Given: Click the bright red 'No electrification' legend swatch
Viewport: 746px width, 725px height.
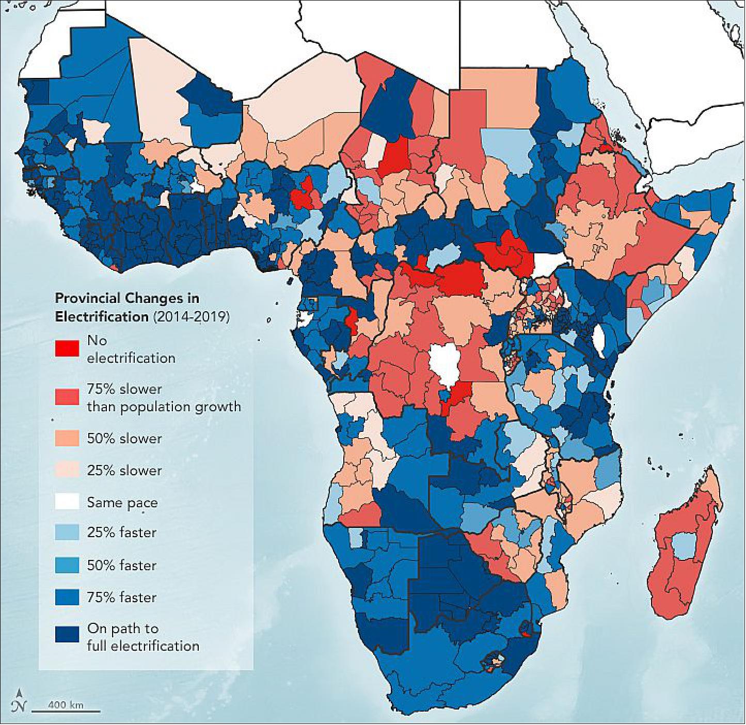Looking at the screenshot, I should coord(67,348).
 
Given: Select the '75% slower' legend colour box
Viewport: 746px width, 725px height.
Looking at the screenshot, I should coord(67,397).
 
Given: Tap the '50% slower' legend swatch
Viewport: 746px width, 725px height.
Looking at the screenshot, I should coord(67,438).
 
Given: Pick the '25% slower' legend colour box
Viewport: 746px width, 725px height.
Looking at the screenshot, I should coord(67,470).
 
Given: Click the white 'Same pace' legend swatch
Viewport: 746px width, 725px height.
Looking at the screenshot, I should coord(67,502).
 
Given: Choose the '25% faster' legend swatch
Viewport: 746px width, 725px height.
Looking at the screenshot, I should coord(67,532).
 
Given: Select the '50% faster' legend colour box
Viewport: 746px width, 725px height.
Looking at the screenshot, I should coord(67,565).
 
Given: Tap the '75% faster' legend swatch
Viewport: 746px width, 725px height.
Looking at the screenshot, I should coord(67,597).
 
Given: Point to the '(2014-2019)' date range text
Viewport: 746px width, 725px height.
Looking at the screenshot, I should coord(191,316).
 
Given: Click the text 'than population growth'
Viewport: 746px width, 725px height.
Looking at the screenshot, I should coord(164,407).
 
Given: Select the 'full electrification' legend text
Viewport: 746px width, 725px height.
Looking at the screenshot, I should coord(143,646).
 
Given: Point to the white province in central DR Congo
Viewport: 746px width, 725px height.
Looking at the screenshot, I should coord(446,363).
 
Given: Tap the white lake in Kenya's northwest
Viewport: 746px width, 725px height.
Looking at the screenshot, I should coord(599,338).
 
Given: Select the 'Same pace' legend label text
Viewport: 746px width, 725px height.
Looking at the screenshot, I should coord(122,502).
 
